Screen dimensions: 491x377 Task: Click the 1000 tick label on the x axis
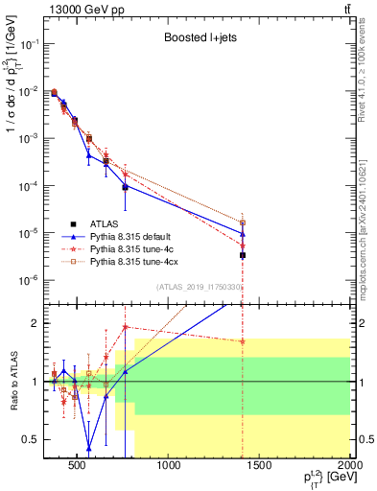170,467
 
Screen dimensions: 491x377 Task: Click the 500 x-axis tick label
80,467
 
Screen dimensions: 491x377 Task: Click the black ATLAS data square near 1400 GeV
243,255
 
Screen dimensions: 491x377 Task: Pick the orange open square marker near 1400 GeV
243,222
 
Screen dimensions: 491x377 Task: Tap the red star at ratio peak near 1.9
125,327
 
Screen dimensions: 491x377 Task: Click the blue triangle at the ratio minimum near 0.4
88,448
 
